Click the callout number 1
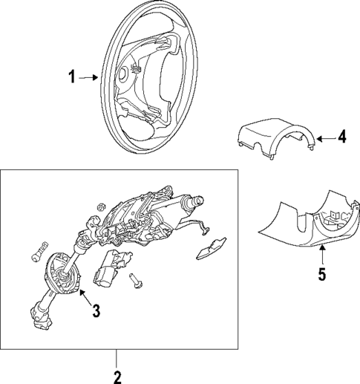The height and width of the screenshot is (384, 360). point(73,77)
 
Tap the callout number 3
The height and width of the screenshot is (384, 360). point(96,311)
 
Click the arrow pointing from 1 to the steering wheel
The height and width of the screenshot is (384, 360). point(88,77)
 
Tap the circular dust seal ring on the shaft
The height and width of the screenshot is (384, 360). point(62,273)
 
